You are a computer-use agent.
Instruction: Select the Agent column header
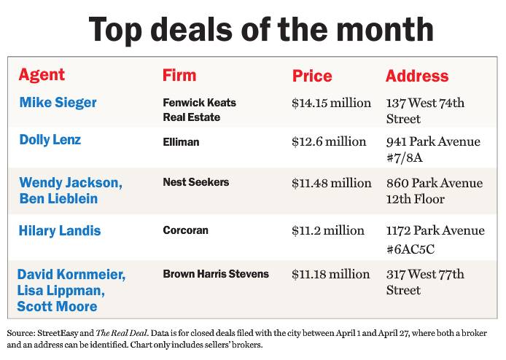click(x=42, y=75)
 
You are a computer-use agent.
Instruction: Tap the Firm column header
click(x=179, y=75)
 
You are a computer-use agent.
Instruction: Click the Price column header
click(x=312, y=76)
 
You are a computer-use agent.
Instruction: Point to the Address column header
click(x=417, y=76)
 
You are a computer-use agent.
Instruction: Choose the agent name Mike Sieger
click(x=58, y=102)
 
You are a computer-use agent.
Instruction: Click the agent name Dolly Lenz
click(x=50, y=139)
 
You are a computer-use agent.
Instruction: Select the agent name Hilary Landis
click(x=60, y=231)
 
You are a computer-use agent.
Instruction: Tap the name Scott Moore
click(x=57, y=306)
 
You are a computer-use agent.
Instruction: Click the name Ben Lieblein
click(x=58, y=198)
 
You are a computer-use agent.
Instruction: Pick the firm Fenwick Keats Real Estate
click(x=199, y=110)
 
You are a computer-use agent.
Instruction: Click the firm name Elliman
click(x=181, y=142)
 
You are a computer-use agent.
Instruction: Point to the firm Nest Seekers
click(x=196, y=182)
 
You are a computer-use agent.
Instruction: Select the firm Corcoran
click(x=186, y=230)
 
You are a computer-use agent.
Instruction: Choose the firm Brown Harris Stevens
click(x=216, y=274)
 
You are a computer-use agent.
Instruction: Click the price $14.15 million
click(x=331, y=103)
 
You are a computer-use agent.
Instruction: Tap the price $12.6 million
click(x=328, y=141)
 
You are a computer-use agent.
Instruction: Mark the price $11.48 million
click(x=331, y=183)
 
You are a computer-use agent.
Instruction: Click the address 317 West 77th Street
click(x=424, y=282)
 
